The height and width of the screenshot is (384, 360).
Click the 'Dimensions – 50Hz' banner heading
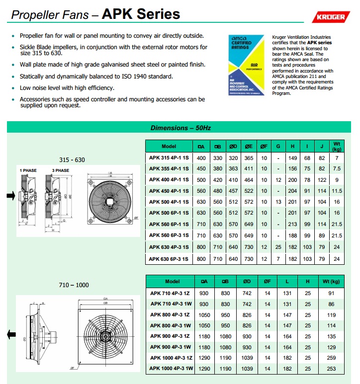(180, 128)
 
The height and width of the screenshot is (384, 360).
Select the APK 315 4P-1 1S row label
(169, 157)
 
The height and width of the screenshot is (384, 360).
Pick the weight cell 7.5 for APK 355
(337, 168)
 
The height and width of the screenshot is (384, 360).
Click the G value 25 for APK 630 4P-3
(278, 247)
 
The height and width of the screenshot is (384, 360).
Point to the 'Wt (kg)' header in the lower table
(330, 281)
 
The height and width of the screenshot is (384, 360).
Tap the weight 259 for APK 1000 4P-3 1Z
(330, 357)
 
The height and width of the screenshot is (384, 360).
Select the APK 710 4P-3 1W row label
(171, 304)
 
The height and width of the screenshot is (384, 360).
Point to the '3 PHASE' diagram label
(61, 170)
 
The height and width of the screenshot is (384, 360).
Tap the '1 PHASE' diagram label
(28, 170)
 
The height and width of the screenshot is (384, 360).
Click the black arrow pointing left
(10, 336)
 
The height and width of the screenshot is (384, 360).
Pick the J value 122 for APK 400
(322, 179)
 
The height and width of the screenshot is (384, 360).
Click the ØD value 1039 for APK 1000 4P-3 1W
(247, 368)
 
